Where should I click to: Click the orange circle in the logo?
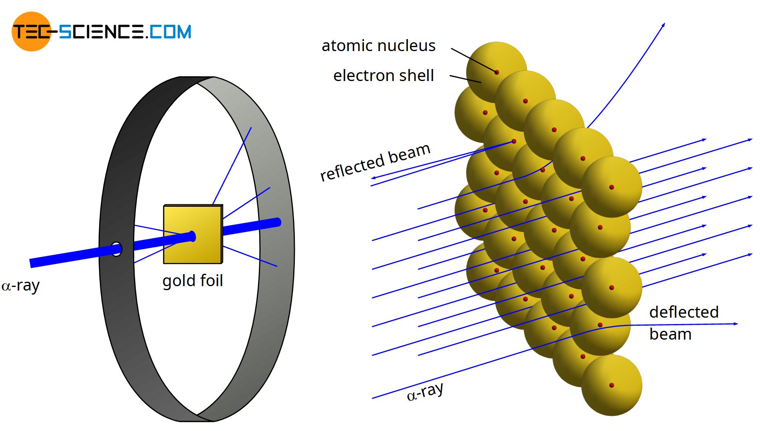point(31,32)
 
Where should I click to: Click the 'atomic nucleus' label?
point(378,46)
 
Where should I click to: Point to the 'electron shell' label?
point(383,75)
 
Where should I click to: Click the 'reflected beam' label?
point(375,162)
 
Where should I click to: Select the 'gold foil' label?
point(193,281)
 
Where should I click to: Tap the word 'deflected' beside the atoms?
point(684,312)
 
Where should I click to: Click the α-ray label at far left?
point(21,286)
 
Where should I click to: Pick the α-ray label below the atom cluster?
point(425,392)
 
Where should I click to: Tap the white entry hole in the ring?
point(116,249)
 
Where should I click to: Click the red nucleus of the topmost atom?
point(497,72)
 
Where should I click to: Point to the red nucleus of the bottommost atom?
point(612,385)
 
